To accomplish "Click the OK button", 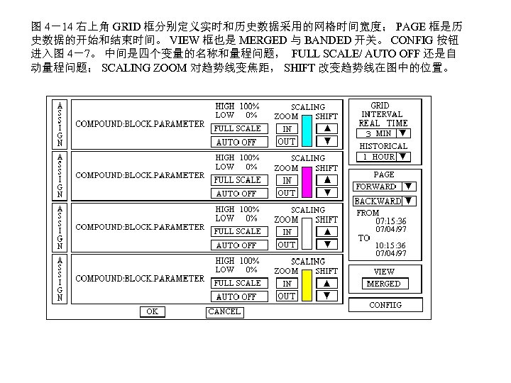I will [152, 311].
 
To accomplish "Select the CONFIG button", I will [385, 305].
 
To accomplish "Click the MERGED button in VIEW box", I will [383, 284].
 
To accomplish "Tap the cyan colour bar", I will [306, 130].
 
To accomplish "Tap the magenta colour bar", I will [306, 182].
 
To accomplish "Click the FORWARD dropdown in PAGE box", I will [384, 187].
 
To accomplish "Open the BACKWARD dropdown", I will [384, 201].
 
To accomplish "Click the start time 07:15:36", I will [390, 221].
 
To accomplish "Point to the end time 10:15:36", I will [390, 245].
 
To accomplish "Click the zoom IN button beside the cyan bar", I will [286, 129].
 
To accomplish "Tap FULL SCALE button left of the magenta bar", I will [238, 180].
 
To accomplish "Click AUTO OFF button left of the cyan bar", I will [238, 142].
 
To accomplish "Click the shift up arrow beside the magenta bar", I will [327, 180].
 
